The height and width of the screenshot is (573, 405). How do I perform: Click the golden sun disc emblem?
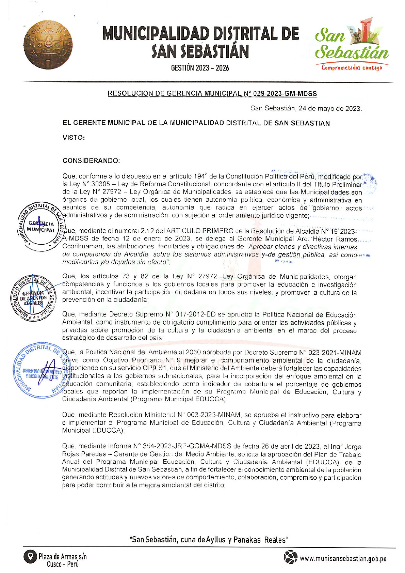tap(48, 44)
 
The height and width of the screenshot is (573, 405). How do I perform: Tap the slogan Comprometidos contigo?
tap(352, 67)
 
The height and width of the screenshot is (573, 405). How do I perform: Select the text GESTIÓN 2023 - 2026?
tap(200, 68)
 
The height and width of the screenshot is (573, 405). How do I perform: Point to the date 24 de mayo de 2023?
tap(329, 109)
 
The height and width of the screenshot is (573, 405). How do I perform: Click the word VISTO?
tap(74, 138)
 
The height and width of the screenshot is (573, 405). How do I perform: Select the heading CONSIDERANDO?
tap(91, 161)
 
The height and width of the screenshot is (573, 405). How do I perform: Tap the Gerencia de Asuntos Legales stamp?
tap(33, 297)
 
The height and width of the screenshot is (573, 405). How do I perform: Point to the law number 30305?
tap(101, 184)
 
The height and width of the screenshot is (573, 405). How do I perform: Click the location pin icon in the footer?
tap(30, 557)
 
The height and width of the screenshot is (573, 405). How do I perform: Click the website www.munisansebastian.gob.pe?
tap(343, 559)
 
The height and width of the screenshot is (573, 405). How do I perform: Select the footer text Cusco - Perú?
tap(63, 564)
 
